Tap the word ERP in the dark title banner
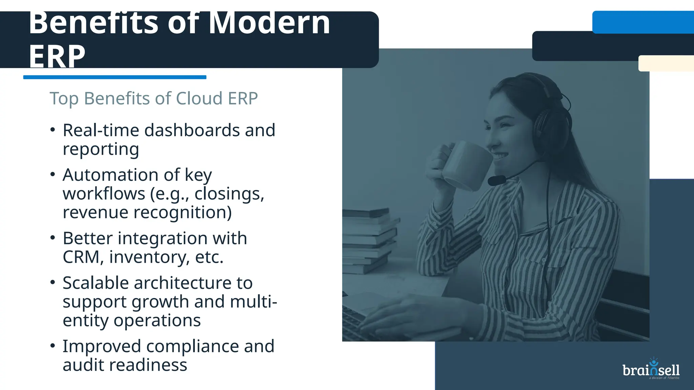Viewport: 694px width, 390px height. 57,57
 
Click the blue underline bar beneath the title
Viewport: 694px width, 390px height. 115,77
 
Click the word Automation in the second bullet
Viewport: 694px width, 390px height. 110,175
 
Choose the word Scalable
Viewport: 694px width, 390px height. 96,283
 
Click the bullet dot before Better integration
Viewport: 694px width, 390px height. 53,238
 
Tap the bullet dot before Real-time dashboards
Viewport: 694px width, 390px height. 53,130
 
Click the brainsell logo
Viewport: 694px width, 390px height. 651,369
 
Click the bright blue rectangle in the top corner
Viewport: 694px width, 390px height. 643,22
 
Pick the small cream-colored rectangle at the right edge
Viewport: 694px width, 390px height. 666,63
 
